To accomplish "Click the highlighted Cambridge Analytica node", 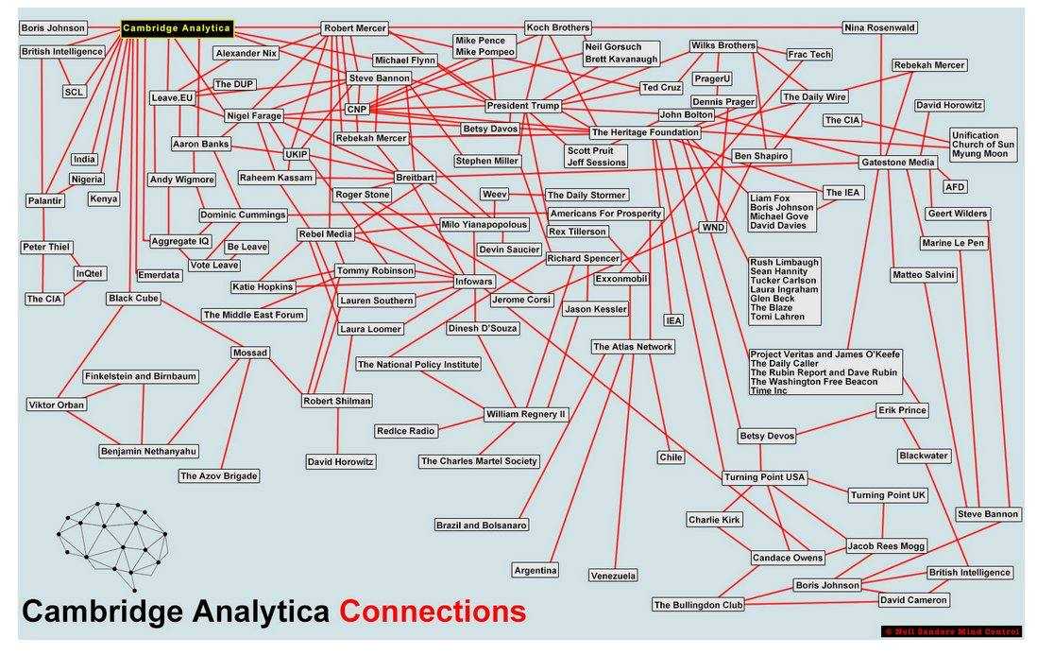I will tap(177, 28).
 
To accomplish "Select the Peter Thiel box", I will tap(46, 248).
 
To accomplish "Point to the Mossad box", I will tap(250, 353).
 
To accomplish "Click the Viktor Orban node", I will tap(57, 405).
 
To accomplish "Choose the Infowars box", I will tap(473, 281).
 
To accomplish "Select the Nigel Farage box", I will tap(255, 115).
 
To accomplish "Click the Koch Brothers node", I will tap(557, 28).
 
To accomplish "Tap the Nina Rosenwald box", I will tap(879, 28).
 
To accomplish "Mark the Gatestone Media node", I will tap(897, 163).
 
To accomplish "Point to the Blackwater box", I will tap(923, 456).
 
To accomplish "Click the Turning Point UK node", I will tap(888, 495).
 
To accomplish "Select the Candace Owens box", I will tap(787, 558).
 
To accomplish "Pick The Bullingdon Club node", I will tap(698, 605).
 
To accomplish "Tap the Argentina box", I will tap(535, 570).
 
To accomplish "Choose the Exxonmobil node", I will tap(621, 280).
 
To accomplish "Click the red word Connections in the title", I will tap(433, 612).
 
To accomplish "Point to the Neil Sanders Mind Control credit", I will tap(952, 630).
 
